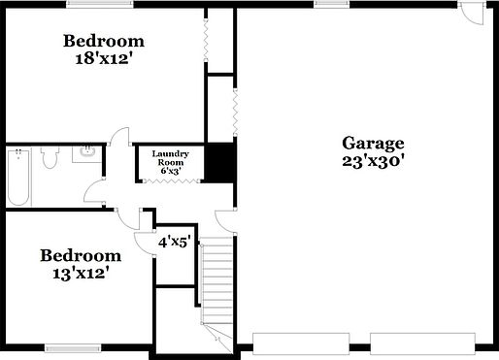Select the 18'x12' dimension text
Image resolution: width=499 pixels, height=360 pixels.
pos(104,58)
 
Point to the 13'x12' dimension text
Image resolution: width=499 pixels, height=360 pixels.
pos(81,274)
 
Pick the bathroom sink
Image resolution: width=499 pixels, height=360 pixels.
pos(87,152)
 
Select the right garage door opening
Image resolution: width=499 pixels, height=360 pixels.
pos(421,343)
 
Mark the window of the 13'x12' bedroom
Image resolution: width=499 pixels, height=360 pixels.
pos(74,347)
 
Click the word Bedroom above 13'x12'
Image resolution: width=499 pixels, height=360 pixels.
pos(81,255)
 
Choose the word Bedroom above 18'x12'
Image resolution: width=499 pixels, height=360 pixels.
pos(104,41)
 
